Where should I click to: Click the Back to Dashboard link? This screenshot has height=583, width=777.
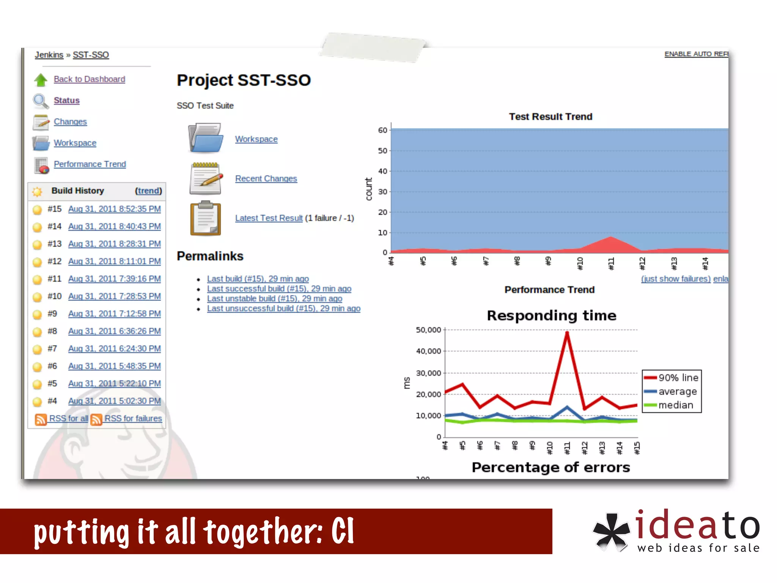point(89,79)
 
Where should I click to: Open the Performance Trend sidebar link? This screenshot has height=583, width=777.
point(90,164)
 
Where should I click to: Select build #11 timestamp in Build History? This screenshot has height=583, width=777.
point(114,279)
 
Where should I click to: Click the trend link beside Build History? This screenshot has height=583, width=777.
point(148,191)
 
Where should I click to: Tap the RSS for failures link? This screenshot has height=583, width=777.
point(133,418)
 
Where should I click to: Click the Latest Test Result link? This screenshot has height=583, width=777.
point(269,218)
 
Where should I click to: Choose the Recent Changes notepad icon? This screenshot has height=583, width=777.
point(206,178)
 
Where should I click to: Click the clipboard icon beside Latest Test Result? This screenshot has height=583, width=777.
point(205,218)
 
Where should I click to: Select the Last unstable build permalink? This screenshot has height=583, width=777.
point(274,298)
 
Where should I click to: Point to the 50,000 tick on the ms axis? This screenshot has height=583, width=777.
point(428,330)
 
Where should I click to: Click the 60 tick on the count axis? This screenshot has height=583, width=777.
point(382,130)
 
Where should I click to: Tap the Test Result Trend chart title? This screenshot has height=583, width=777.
point(550,117)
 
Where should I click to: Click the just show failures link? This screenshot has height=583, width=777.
point(675,279)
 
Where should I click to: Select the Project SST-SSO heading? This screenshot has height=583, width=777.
point(244,80)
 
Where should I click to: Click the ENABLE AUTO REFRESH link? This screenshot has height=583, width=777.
point(696,54)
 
